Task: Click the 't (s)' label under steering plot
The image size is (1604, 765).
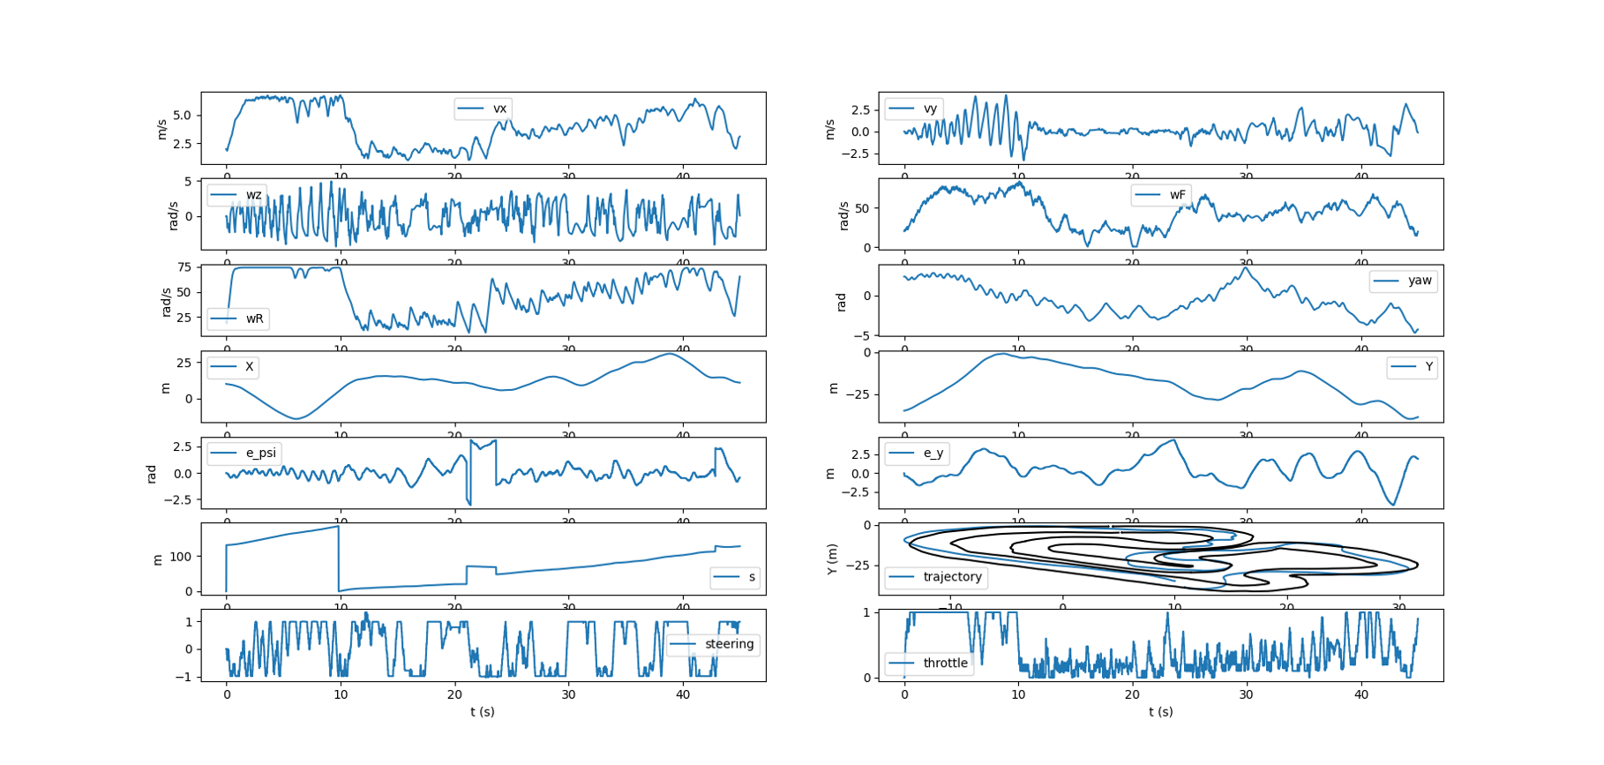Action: (x=483, y=712)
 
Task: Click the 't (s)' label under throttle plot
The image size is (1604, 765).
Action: (x=1161, y=712)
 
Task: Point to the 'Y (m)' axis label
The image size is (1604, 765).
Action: (x=831, y=559)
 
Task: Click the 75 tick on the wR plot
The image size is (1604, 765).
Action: (x=184, y=267)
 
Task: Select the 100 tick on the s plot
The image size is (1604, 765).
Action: (x=180, y=557)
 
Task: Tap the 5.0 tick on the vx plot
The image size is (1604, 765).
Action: (x=182, y=116)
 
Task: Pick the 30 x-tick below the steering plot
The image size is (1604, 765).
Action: (x=568, y=694)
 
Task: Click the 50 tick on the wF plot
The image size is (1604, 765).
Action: (x=862, y=208)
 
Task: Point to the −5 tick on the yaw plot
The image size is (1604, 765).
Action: (x=864, y=335)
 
